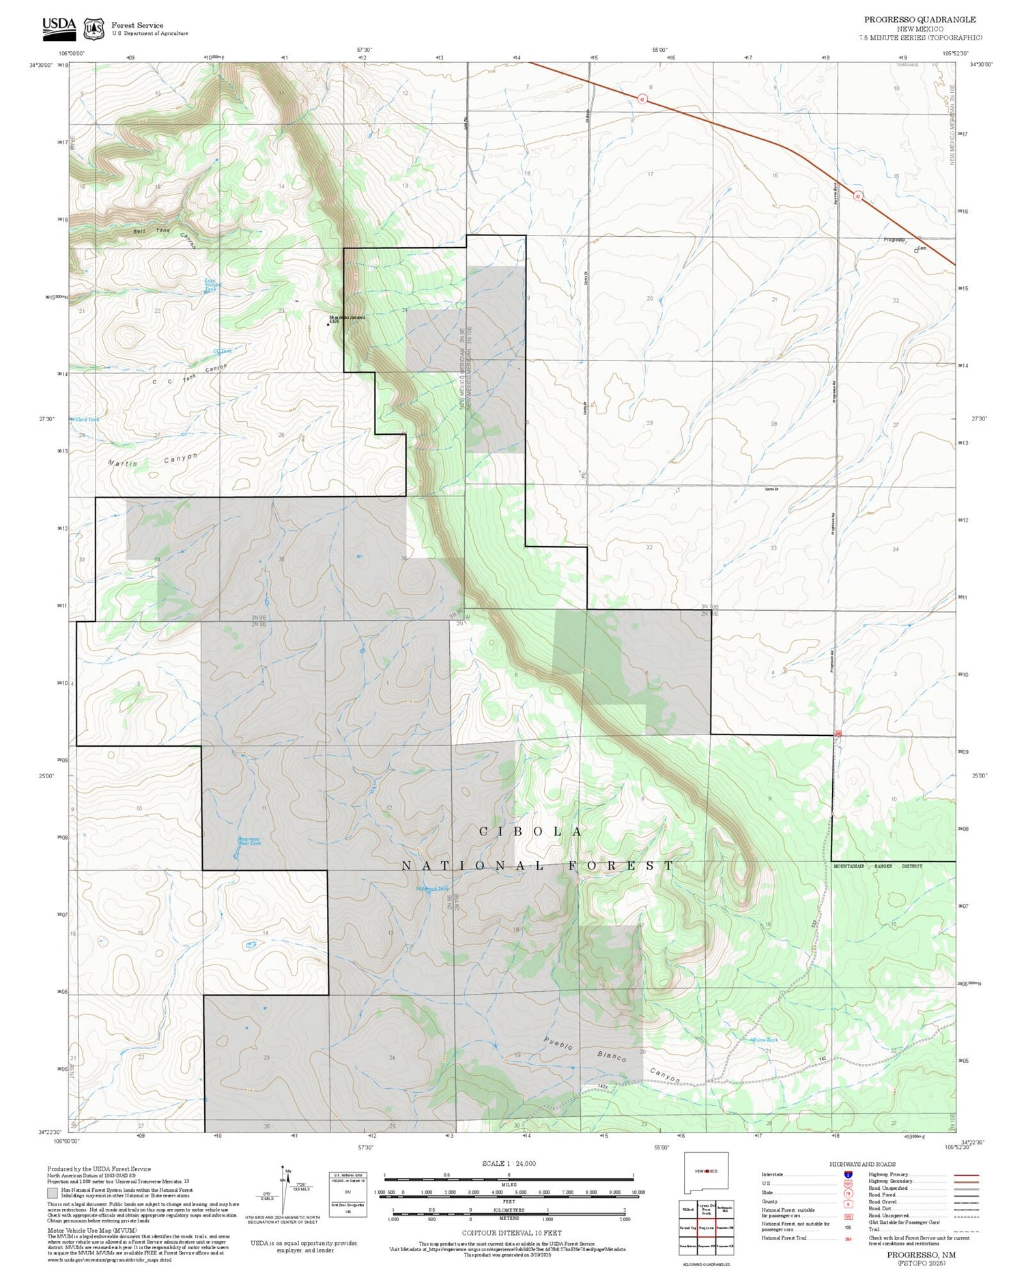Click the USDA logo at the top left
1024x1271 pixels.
click(x=59, y=27)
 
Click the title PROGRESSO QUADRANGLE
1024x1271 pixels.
click(x=920, y=19)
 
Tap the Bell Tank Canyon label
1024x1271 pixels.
click(x=164, y=233)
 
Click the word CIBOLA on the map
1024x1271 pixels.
click(x=531, y=831)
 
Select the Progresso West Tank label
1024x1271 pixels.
click(x=248, y=841)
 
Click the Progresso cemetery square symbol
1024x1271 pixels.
click(x=916, y=251)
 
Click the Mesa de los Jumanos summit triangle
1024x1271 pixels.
click(x=328, y=324)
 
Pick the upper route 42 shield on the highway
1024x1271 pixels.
click(x=642, y=99)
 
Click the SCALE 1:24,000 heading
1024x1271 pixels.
click(x=509, y=1163)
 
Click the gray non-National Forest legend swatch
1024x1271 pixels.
click(x=53, y=1193)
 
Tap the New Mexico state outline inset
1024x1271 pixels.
click(x=706, y=1173)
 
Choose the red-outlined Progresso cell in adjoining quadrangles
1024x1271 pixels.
click(x=706, y=1227)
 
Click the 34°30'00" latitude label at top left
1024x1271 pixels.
click(x=41, y=65)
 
